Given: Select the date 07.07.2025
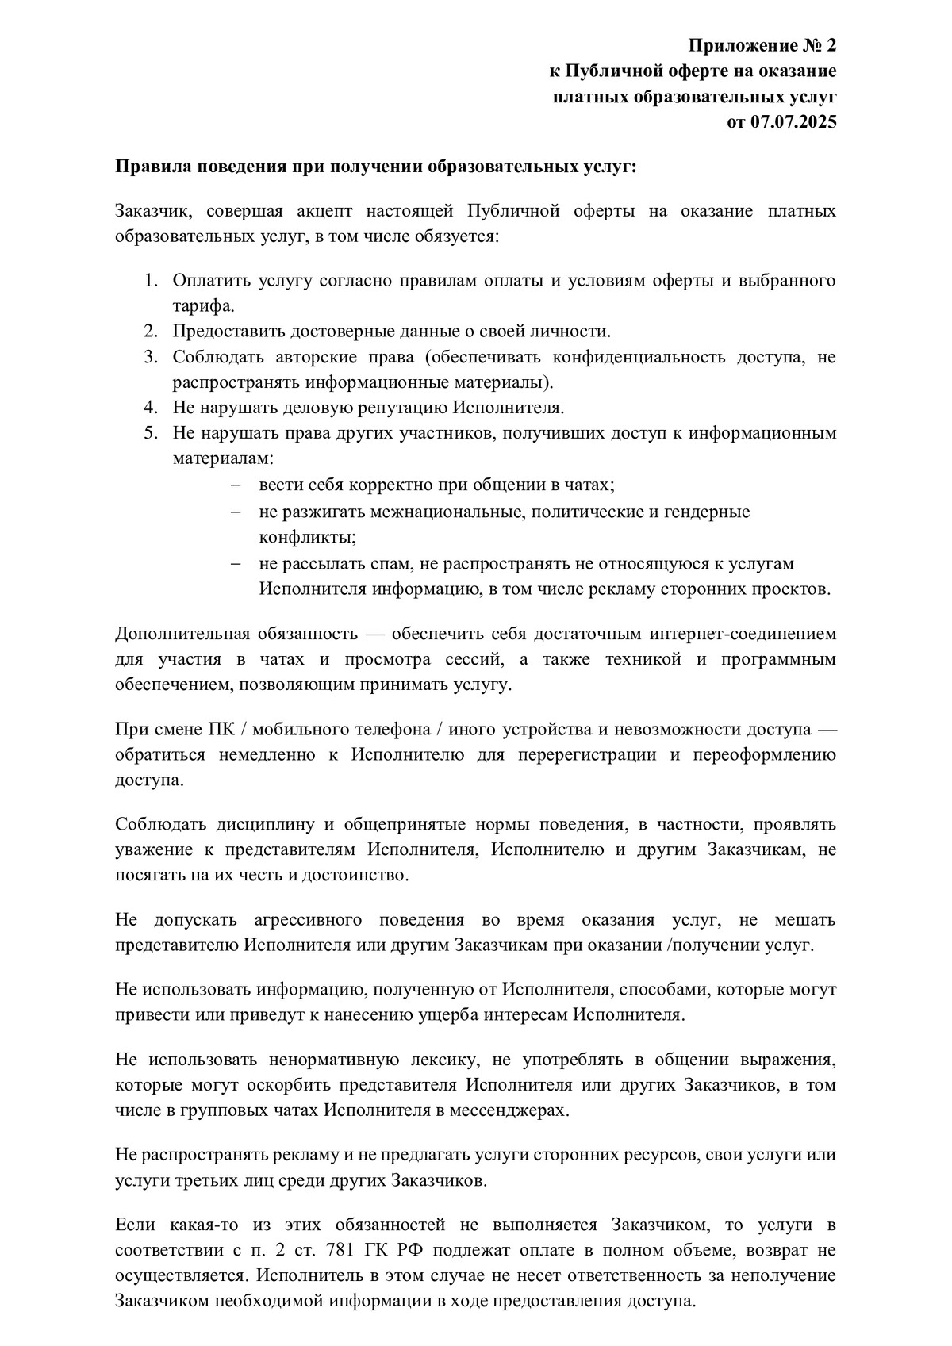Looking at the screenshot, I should (x=793, y=122).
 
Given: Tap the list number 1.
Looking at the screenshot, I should (x=151, y=281).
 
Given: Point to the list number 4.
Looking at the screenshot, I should (x=151, y=408).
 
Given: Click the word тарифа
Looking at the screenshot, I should (x=203, y=306).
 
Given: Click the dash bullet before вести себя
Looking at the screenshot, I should (x=235, y=485).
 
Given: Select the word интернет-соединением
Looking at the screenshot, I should (x=743, y=634).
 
